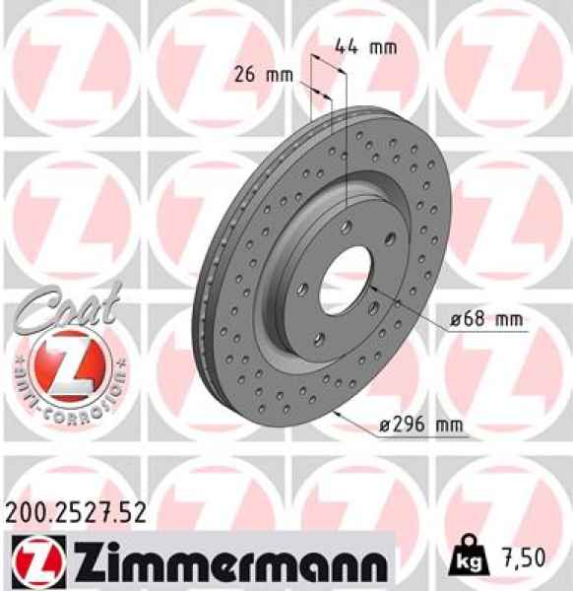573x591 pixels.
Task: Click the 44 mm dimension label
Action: pos(359,45)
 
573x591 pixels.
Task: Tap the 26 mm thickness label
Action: pos(262,74)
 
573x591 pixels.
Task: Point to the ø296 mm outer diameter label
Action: pos(420,427)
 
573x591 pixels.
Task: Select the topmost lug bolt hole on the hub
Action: pos(347,224)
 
